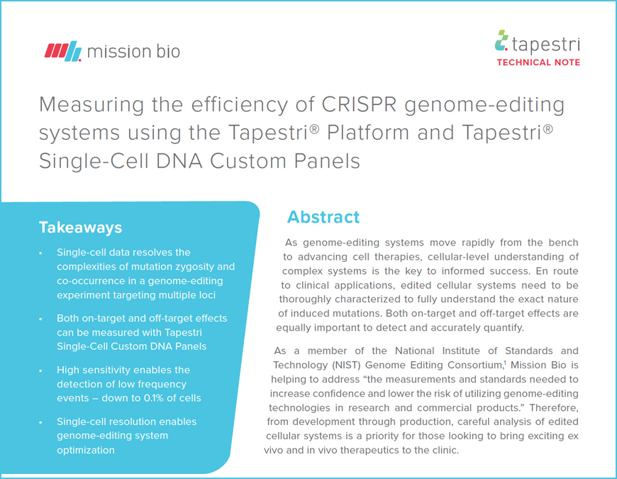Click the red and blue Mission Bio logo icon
(x=63, y=51)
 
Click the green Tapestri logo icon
(x=501, y=40)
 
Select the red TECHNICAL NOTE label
(x=538, y=62)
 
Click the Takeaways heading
(x=80, y=228)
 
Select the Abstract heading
(x=323, y=217)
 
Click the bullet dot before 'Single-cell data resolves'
(x=40, y=253)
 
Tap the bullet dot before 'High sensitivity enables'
(x=40, y=370)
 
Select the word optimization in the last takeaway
(x=86, y=450)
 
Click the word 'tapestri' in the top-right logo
(x=546, y=44)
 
